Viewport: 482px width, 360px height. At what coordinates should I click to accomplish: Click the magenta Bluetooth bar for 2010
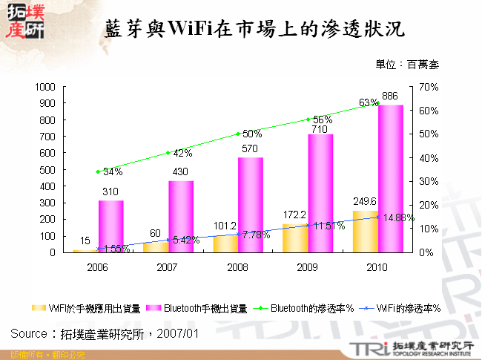[390, 178]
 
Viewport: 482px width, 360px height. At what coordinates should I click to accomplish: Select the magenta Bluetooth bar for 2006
[110, 226]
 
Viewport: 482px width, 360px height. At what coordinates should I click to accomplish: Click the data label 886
[390, 96]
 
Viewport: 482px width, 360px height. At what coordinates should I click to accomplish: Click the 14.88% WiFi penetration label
[398, 217]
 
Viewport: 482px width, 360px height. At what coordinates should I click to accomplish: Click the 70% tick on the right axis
[429, 87]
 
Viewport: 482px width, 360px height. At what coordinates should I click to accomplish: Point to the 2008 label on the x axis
[238, 266]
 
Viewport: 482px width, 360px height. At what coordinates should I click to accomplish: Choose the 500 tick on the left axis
[47, 170]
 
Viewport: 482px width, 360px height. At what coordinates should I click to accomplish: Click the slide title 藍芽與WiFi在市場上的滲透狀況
[255, 29]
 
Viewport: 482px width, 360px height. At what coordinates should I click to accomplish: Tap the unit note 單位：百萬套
[406, 65]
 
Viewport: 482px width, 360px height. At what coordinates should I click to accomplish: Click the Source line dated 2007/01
[105, 333]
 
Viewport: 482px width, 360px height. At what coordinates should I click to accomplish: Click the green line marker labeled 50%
[238, 134]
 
